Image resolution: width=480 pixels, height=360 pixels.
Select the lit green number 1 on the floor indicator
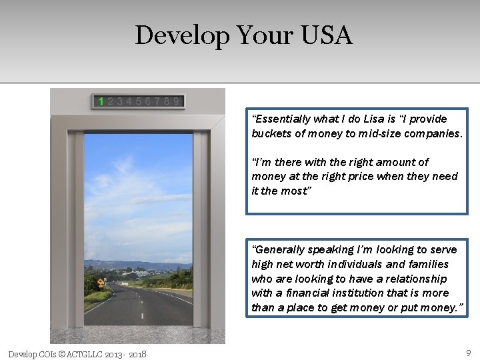pos(101,102)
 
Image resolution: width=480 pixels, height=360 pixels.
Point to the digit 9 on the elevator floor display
pos(176,102)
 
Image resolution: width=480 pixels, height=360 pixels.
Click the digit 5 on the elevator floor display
pos(138,102)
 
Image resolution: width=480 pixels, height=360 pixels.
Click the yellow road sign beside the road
pos(101,283)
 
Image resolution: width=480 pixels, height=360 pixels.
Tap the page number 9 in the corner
pos(468,352)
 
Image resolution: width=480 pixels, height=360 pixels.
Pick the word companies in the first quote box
pos(431,133)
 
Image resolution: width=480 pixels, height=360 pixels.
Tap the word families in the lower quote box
pos(428,264)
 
